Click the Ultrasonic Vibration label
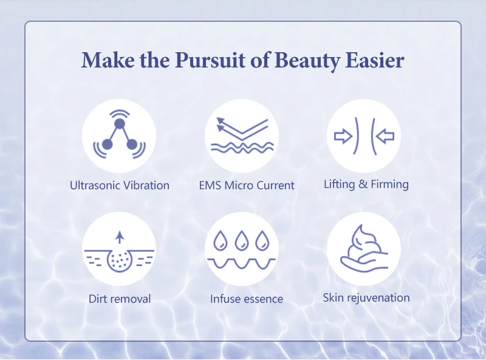click(120, 185)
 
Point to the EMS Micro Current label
click(247, 185)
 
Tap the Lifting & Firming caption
click(366, 185)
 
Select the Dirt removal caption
click(120, 299)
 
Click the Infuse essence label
click(247, 299)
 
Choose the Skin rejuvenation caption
click(366, 298)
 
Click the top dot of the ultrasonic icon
click(119, 124)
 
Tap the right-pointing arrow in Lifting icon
click(343, 137)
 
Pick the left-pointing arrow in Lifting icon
click(385, 137)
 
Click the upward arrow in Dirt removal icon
click(120, 237)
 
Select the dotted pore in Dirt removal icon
click(119, 260)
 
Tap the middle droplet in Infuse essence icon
click(241, 240)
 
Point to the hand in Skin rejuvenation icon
click(362, 263)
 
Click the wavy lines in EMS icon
click(242, 148)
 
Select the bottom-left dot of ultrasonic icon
click(107, 144)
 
